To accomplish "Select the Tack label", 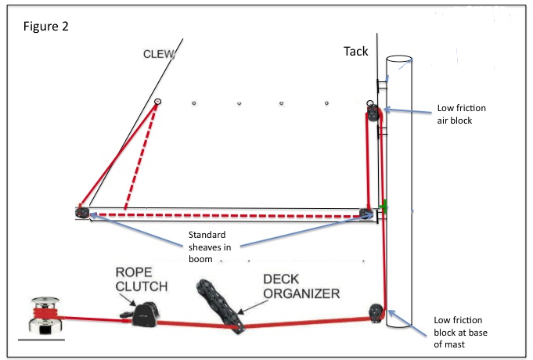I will (355, 51).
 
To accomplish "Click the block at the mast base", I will (376, 312).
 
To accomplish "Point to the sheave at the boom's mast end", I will (365, 213).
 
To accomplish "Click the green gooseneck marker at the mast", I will (384, 207).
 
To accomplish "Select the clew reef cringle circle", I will (157, 102).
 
